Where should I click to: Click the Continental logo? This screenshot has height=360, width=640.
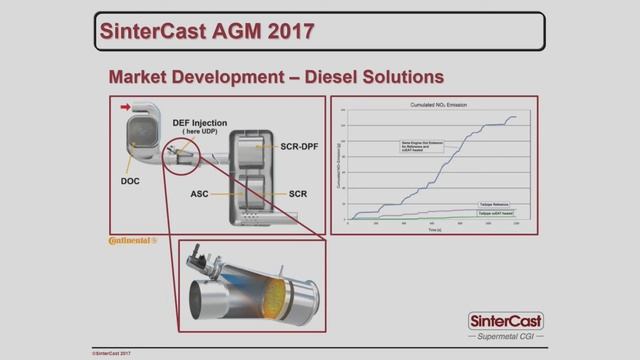click(x=132, y=240)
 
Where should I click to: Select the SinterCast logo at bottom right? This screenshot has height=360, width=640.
click(x=505, y=322)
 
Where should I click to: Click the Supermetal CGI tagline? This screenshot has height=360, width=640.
click(x=505, y=338)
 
